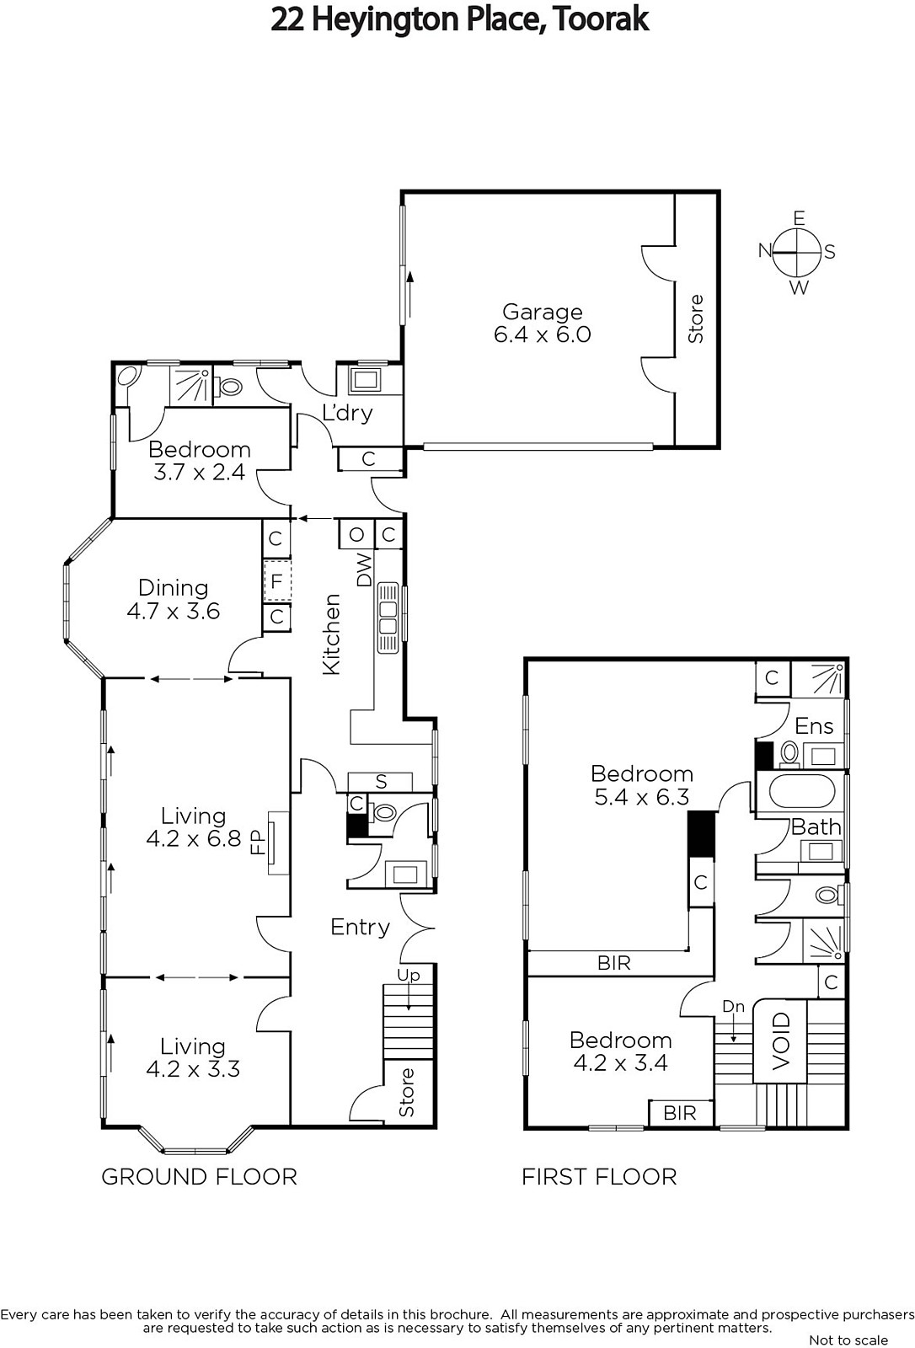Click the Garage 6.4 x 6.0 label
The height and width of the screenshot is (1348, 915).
(543, 324)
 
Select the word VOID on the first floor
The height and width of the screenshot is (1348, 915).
(780, 1041)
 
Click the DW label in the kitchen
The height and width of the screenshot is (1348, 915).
(364, 570)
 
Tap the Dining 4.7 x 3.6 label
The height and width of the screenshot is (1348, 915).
(174, 599)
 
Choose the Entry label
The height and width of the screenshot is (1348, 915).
(360, 927)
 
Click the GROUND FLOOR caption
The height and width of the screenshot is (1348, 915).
(199, 1176)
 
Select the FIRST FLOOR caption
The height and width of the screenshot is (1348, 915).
(599, 1176)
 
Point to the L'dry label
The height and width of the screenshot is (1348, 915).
(347, 413)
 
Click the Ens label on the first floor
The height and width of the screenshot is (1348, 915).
(814, 726)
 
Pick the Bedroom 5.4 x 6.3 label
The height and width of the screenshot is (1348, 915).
(642, 784)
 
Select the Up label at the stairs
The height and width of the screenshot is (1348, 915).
(408, 975)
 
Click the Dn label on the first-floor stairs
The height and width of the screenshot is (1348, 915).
(733, 1006)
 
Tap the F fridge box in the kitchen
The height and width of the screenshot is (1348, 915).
(277, 581)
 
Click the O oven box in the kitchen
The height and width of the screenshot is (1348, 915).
(356, 534)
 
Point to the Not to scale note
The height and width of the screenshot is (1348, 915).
(848, 1340)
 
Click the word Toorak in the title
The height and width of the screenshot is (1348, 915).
(600, 19)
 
